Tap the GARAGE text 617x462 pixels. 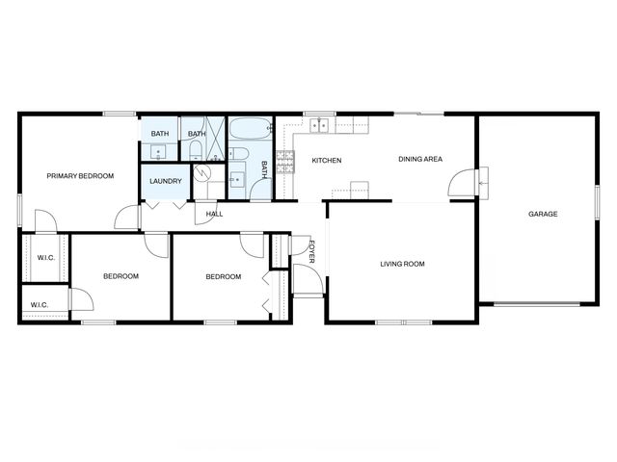543,214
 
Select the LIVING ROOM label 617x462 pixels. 402,264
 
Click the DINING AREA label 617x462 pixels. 420,159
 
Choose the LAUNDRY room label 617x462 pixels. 165,181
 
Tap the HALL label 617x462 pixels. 214,214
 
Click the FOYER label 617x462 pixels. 312,254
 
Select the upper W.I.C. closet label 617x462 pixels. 45,257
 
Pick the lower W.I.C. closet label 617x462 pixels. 39,305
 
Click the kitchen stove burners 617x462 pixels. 285,160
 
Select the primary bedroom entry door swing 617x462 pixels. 126,218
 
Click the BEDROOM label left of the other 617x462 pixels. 121,276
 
